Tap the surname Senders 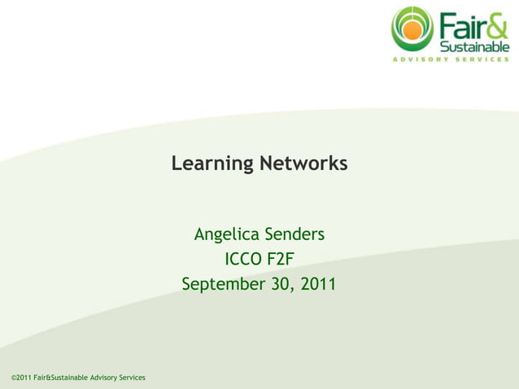(294, 235)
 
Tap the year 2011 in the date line (317, 285)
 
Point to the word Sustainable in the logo (474, 45)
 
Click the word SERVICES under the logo (484, 59)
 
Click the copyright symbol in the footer (15, 378)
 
